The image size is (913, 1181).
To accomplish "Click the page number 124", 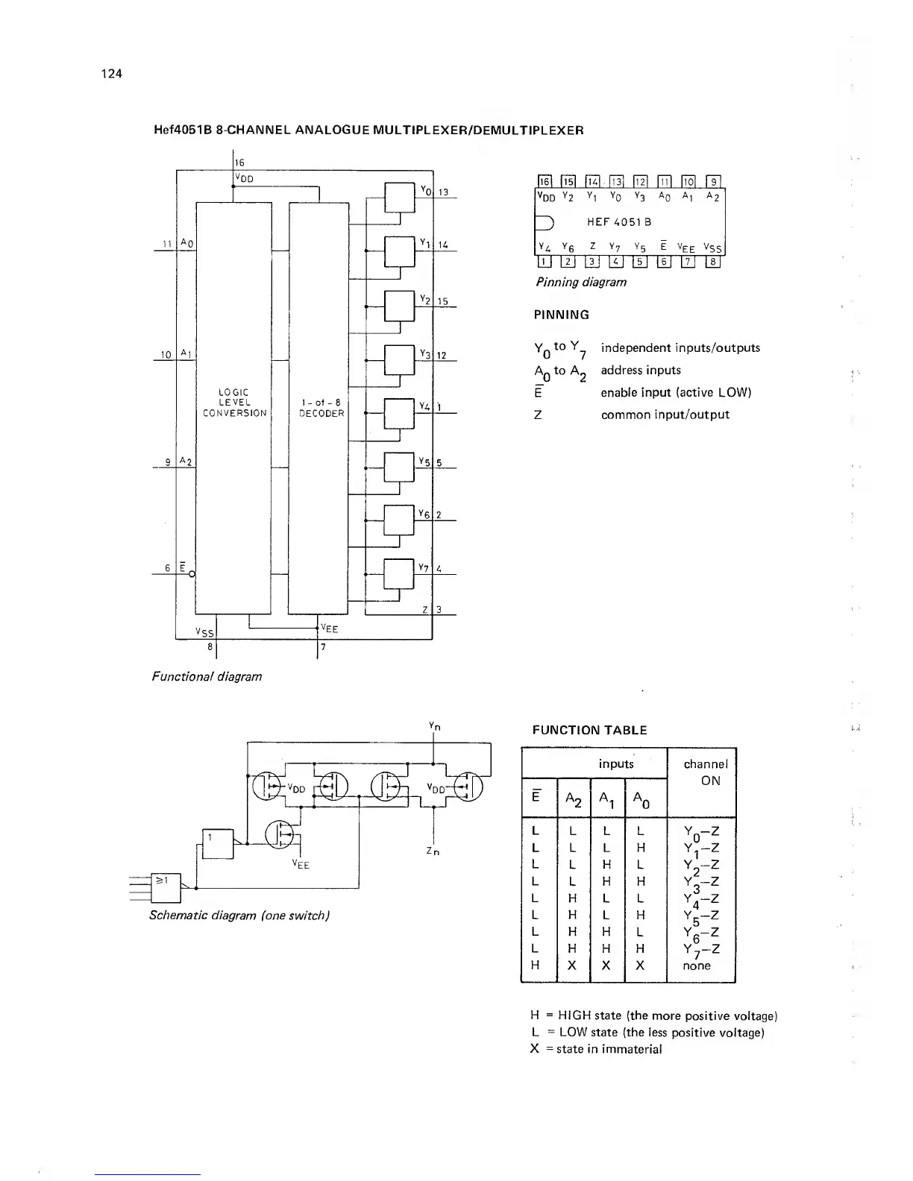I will tap(111, 73).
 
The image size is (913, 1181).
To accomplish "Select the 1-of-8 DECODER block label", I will tap(321, 408).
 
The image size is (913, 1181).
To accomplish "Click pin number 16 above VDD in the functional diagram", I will tap(239, 163).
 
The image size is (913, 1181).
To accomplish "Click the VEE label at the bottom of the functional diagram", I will tap(329, 629).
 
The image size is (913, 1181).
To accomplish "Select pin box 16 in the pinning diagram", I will tap(545, 181).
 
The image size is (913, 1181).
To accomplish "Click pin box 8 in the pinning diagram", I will tap(714, 261).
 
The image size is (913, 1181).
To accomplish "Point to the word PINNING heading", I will tap(562, 315).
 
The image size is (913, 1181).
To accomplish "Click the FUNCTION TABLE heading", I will tap(589, 731).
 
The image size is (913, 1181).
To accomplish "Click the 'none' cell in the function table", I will tap(697, 966).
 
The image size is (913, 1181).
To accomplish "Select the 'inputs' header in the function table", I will tap(616, 763).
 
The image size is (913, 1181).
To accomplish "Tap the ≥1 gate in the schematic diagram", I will tap(161, 882).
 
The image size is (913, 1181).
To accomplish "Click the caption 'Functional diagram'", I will tap(207, 676).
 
